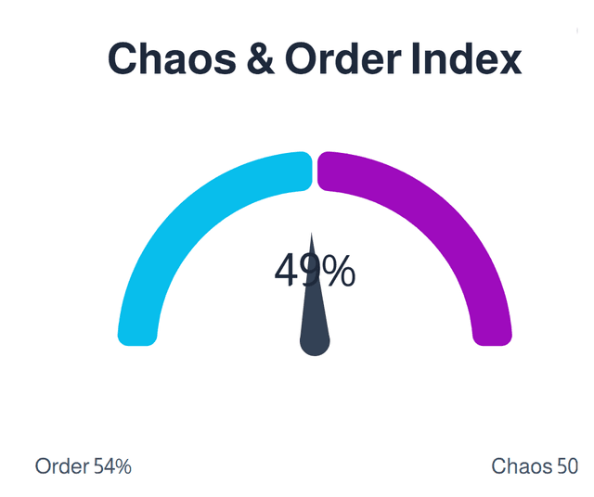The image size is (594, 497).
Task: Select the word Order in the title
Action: pos(342,59)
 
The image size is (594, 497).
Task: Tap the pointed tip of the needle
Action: pos(312,236)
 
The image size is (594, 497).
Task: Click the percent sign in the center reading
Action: pos(340,271)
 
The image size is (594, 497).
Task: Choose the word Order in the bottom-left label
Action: pos(62,466)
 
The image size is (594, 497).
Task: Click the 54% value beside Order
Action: pos(112,466)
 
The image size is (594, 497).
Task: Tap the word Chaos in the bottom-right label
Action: pos(522,466)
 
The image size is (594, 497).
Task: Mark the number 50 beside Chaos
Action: pos(567,466)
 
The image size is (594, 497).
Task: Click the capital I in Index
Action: pos(414,59)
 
